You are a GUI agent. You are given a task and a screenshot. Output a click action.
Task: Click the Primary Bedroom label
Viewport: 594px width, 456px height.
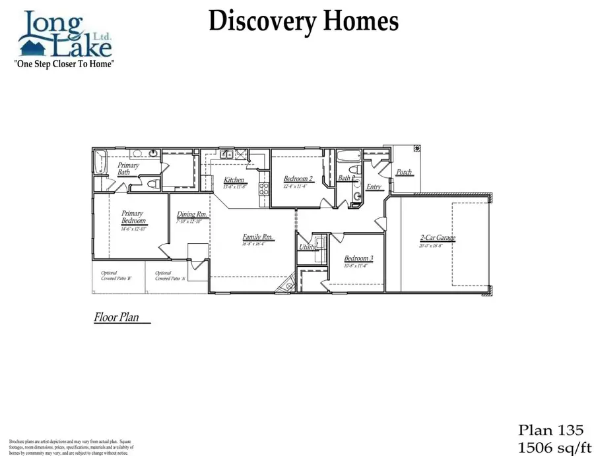click(133, 217)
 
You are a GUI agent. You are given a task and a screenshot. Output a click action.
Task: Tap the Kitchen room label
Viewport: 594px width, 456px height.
click(234, 180)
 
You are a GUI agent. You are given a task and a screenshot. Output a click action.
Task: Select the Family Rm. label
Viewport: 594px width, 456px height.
click(258, 237)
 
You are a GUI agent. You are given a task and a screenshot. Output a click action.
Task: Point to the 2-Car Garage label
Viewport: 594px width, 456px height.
click(438, 238)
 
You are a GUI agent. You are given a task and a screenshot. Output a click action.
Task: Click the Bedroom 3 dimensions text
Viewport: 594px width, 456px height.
click(355, 266)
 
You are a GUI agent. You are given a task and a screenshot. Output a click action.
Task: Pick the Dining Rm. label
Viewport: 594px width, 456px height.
click(193, 214)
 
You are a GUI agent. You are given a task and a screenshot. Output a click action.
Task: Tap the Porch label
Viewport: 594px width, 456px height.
click(404, 173)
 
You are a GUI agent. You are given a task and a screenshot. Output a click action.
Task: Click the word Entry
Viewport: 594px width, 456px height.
click(374, 187)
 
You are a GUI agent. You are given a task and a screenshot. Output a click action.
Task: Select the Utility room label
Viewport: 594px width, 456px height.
click(308, 247)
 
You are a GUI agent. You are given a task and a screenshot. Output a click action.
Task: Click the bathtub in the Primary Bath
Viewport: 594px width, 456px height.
click(101, 161)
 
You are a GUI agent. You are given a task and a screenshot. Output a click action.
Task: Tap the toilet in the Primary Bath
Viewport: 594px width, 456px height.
click(152, 185)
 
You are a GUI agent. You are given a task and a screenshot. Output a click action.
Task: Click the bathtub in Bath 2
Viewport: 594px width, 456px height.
click(347, 157)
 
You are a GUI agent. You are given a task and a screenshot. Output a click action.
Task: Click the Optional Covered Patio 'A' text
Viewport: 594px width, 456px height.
click(170, 276)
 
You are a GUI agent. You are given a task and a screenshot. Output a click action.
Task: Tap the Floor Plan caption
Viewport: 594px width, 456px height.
click(117, 318)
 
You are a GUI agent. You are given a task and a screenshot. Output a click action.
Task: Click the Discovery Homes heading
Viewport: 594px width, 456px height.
click(303, 21)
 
